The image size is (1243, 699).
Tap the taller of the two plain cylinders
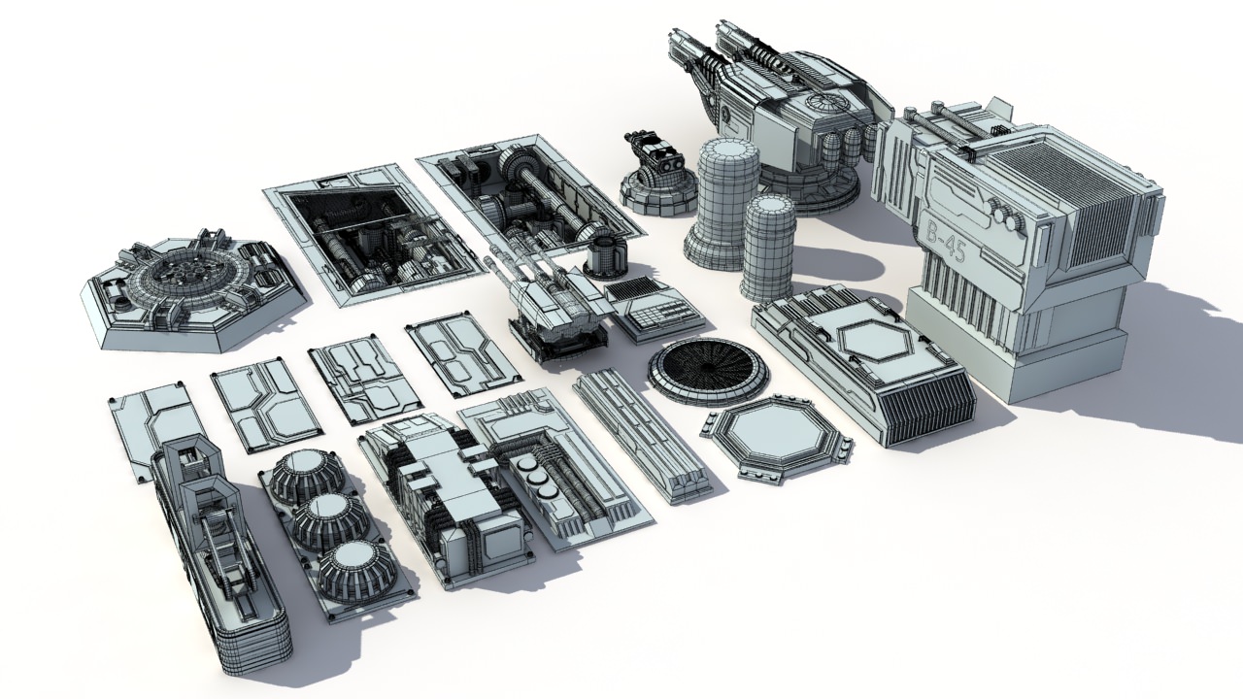pyautogui.click(x=723, y=199)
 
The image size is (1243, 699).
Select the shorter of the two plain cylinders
pyautogui.click(x=768, y=248)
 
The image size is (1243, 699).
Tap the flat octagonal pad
pyautogui.click(x=778, y=436)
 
